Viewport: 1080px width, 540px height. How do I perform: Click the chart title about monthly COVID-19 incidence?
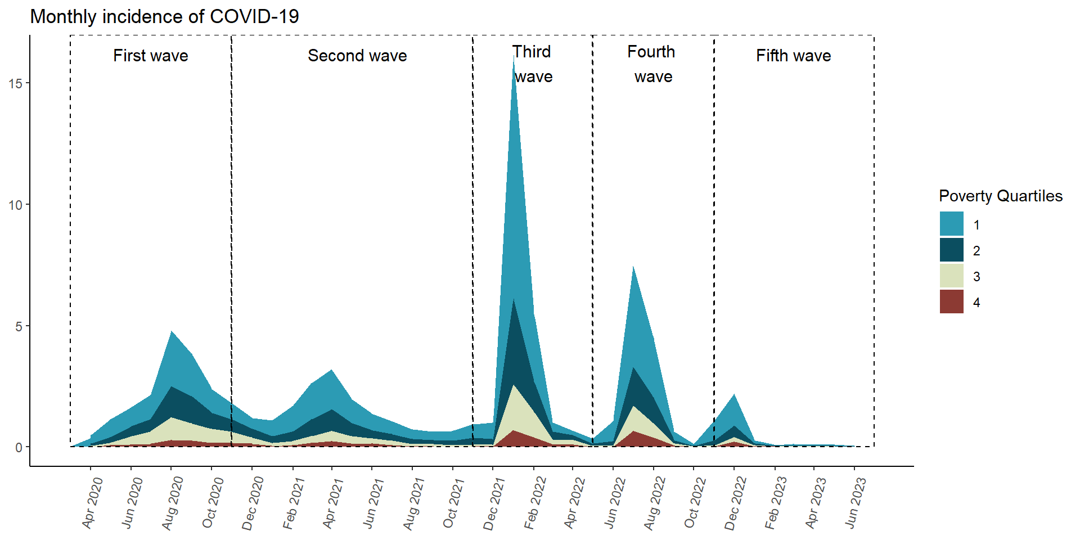(164, 16)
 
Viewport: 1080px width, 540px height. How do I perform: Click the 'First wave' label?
(150, 56)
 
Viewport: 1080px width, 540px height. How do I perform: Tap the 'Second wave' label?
(357, 56)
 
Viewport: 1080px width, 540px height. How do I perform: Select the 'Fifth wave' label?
(793, 56)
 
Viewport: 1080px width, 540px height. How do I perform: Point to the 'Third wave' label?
(532, 64)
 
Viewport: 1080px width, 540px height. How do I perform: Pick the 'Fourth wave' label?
(652, 64)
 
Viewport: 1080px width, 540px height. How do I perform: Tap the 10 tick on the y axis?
(16, 205)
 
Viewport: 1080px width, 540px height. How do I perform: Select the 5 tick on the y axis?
(19, 327)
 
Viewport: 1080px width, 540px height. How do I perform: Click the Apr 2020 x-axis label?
(92, 502)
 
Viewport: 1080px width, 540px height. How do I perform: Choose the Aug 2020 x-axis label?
(173, 502)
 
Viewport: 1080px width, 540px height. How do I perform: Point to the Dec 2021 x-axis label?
(494, 502)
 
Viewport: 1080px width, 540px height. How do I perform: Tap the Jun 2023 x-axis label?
(856, 502)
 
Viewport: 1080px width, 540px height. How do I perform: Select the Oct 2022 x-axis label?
(695, 502)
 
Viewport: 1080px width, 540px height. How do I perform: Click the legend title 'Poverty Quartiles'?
(1001, 196)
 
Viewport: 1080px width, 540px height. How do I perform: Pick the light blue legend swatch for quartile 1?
(951, 224)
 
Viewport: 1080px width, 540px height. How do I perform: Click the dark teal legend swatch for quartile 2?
(951, 250)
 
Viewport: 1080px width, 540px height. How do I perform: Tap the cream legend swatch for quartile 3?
(951, 276)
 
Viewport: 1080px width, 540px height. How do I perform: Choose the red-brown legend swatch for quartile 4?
(951, 301)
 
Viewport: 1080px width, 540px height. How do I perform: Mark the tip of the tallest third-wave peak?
(514, 58)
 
